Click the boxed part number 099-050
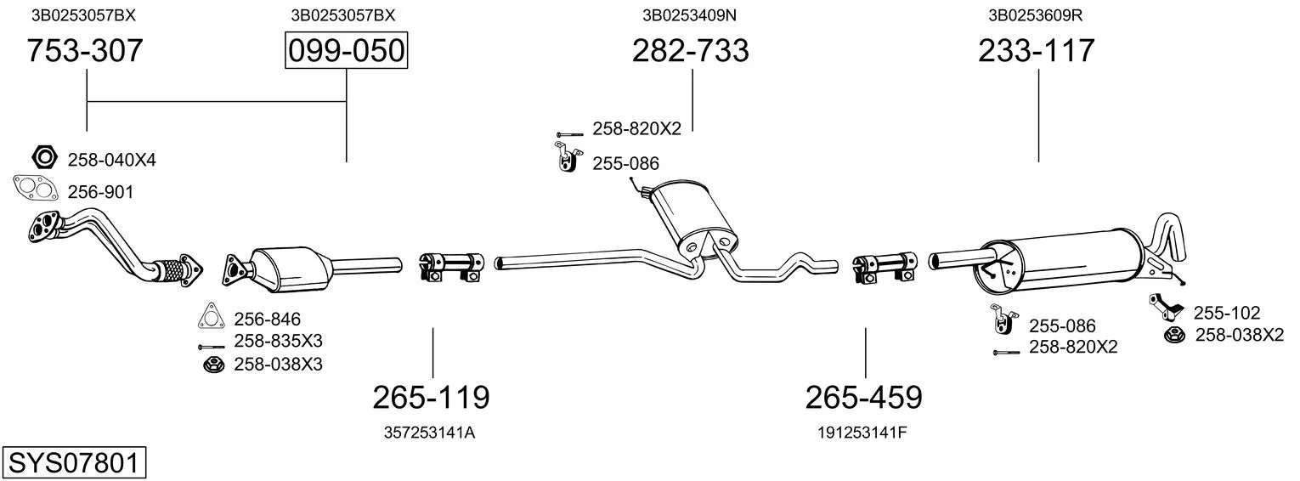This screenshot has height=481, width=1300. [346, 50]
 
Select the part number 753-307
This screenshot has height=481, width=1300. [85, 50]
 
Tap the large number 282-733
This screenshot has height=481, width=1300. [690, 50]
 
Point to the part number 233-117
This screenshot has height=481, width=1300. [1036, 50]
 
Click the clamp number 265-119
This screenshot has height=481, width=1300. [431, 398]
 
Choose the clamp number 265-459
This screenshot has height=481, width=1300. [863, 398]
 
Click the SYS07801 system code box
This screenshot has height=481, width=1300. [74, 463]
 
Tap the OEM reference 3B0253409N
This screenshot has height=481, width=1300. [689, 15]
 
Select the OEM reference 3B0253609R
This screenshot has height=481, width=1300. [1036, 15]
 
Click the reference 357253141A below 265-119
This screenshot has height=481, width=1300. [429, 433]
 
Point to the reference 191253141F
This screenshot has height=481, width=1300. [862, 433]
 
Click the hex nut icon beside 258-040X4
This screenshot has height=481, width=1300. [45, 156]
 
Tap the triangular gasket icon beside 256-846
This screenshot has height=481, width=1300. [211, 316]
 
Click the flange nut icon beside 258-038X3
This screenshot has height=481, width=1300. [212, 365]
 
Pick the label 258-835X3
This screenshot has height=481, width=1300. [278, 341]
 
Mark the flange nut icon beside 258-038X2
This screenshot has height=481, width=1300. [1174, 335]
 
